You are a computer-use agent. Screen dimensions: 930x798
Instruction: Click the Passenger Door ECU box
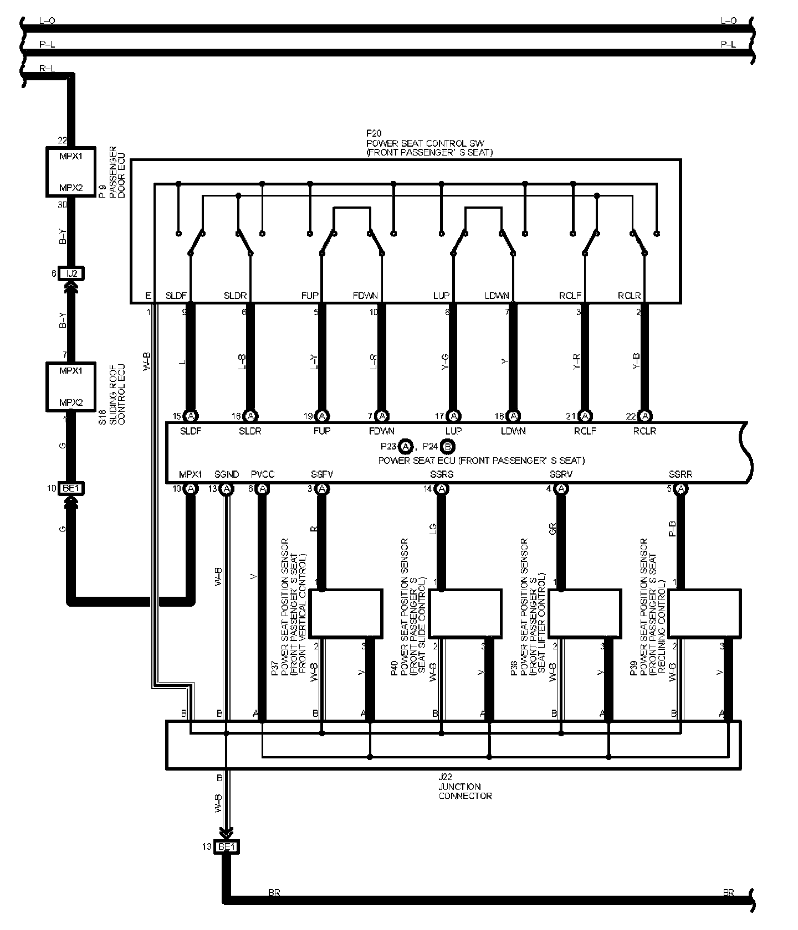(x=70, y=172)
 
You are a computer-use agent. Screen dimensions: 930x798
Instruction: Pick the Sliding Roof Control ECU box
(x=70, y=386)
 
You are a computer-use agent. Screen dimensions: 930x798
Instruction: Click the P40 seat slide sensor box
(x=465, y=613)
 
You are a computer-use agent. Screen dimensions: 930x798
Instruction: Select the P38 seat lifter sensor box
(x=585, y=613)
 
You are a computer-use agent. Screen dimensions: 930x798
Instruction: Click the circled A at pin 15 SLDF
(x=191, y=416)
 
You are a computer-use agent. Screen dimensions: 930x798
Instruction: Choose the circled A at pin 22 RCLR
(x=644, y=416)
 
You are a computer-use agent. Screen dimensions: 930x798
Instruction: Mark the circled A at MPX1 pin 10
(x=191, y=489)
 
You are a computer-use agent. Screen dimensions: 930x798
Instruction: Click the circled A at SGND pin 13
(x=226, y=489)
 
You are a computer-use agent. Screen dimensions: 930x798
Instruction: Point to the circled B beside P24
(x=449, y=446)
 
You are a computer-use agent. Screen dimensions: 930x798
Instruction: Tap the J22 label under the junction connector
(x=444, y=777)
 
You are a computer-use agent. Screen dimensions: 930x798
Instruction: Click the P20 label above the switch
(x=374, y=133)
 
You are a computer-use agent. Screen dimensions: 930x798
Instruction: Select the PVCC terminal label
(x=263, y=474)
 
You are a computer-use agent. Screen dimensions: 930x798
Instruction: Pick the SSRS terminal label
(x=442, y=474)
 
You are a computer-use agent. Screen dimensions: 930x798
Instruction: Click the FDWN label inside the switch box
(x=365, y=296)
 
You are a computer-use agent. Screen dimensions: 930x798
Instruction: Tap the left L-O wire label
(x=47, y=20)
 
